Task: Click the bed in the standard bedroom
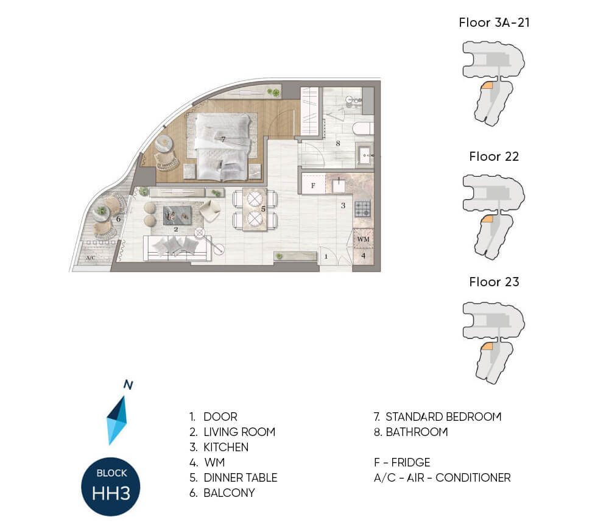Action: [222, 147]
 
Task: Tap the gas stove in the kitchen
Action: [363, 209]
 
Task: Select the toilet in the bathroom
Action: [362, 128]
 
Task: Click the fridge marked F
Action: [313, 185]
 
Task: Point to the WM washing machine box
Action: [363, 239]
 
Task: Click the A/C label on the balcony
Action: [91, 258]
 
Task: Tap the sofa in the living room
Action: [177, 248]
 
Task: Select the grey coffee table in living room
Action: [177, 215]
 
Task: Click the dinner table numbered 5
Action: [255, 209]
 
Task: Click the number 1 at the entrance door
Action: [326, 256]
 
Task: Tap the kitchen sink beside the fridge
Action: [338, 186]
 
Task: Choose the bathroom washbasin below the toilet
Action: [365, 155]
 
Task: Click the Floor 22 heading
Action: [494, 156]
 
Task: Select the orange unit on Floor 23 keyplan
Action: [487, 347]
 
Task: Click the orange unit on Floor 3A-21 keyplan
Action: [487, 86]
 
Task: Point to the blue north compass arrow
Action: [117, 420]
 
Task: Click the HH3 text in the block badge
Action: [111, 493]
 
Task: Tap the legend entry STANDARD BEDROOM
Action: [443, 417]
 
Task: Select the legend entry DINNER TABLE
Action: [241, 477]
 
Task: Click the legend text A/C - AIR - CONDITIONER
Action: [442, 477]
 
